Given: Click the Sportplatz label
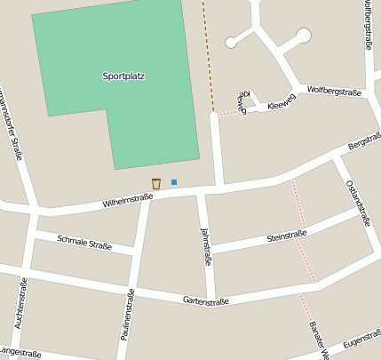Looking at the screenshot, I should [x=123, y=76].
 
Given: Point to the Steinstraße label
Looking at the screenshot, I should [x=286, y=236].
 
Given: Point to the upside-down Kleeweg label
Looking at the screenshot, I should [x=243, y=98].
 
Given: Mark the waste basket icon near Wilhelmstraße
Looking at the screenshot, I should [x=156, y=183].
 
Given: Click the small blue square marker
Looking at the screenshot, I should [x=174, y=182].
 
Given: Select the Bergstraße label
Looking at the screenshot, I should [x=364, y=141].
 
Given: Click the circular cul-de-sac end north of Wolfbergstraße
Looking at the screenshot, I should [x=304, y=36].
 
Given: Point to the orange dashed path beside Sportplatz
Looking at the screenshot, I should [x=208, y=53].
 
